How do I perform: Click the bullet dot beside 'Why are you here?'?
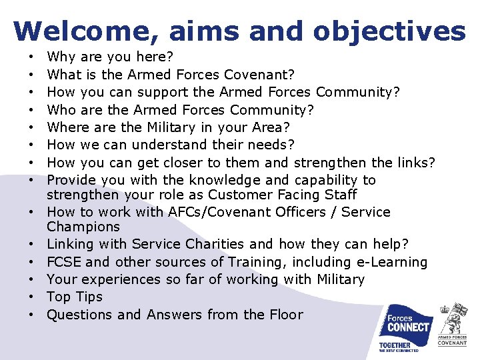tap(32, 57)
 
